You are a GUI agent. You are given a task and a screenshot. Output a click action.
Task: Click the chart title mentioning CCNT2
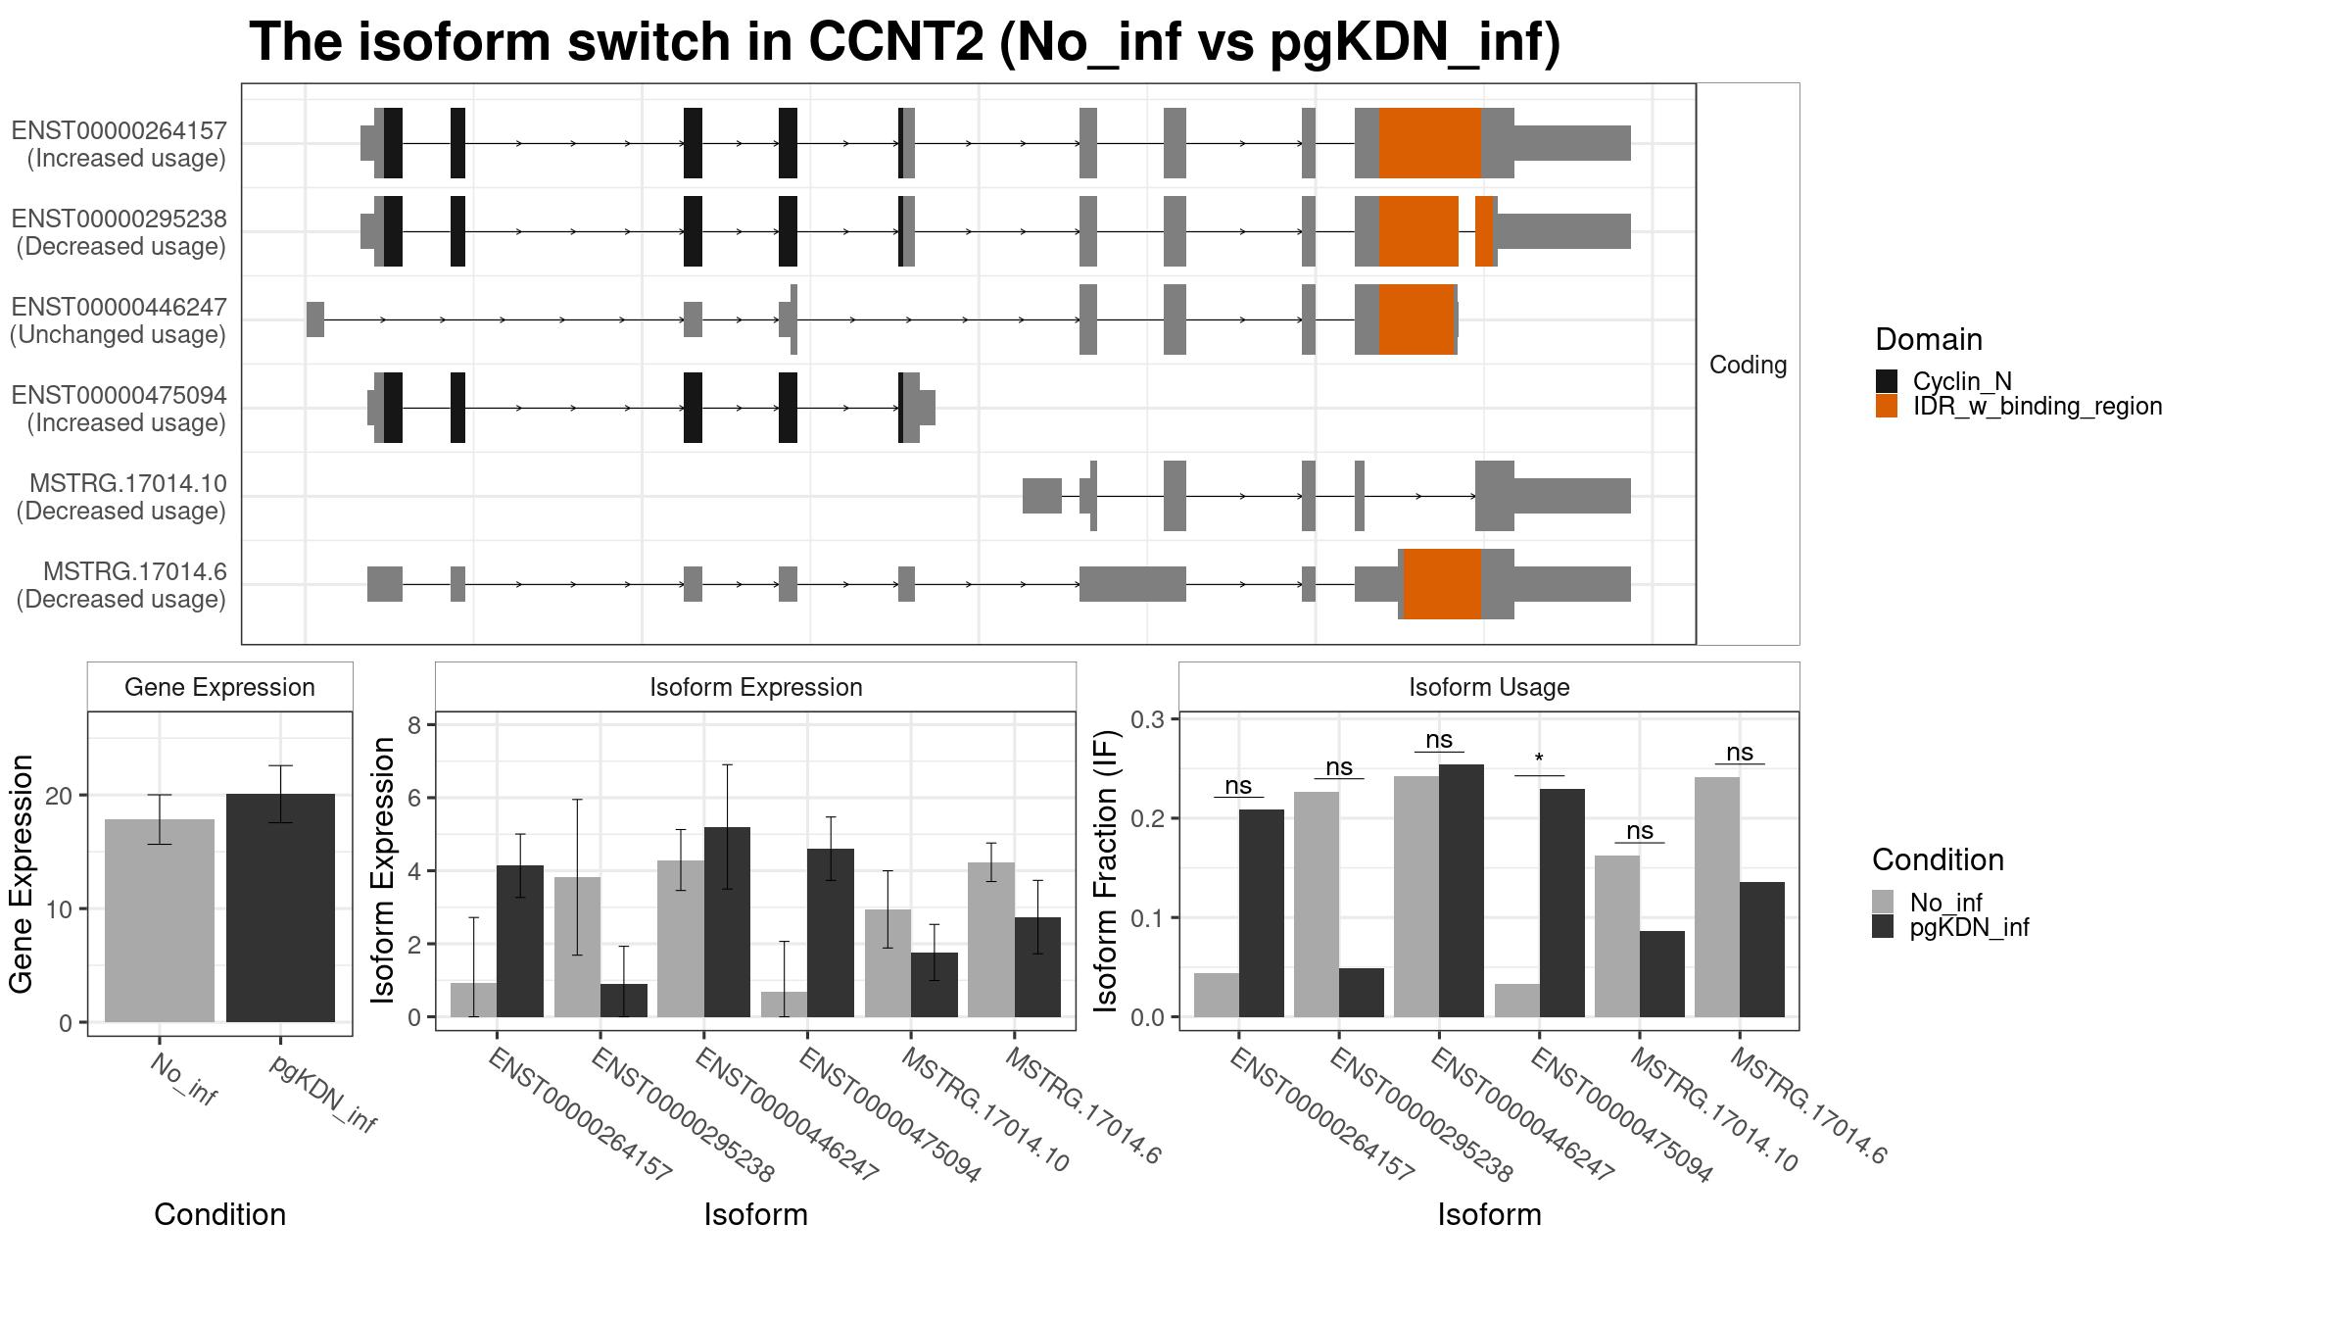[904, 42]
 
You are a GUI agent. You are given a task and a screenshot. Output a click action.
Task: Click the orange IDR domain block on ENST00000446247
[1416, 319]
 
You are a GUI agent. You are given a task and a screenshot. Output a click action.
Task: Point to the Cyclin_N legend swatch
[1886, 381]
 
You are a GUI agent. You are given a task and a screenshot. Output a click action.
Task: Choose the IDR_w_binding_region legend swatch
[1886, 406]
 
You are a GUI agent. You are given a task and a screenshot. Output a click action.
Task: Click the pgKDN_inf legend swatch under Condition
[1883, 926]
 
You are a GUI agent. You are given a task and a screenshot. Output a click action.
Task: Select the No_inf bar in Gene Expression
[160, 920]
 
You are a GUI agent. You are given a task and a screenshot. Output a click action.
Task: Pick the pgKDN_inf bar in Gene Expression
[280, 907]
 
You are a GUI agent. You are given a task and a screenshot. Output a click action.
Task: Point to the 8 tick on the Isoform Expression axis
[414, 725]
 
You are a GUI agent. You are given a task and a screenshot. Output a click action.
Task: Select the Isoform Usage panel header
[1489, 687]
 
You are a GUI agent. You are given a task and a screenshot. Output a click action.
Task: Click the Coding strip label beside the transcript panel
[1748, 365]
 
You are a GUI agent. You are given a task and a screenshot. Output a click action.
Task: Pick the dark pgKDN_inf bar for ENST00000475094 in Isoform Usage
[1561, 903]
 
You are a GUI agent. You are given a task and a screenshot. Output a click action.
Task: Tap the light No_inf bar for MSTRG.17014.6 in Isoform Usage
[1716, 897]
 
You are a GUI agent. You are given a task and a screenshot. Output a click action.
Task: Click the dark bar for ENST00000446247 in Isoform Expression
[727, 922]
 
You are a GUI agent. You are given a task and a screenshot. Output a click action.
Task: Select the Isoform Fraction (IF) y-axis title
[1105, 870]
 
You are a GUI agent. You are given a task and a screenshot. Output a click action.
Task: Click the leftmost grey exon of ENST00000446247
[314, 319]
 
